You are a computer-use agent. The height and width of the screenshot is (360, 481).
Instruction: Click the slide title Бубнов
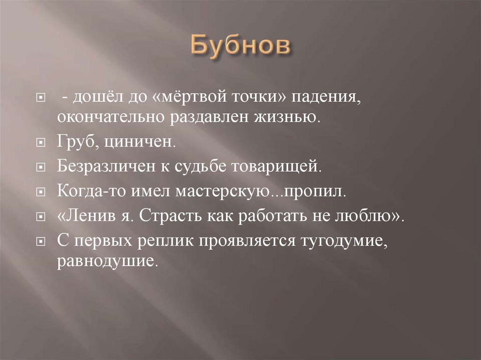click(x=240, y=48)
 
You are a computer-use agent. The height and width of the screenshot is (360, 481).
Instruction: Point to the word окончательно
click(x=108, y=116)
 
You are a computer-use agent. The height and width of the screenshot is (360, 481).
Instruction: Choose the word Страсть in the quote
click(x=174, y=216)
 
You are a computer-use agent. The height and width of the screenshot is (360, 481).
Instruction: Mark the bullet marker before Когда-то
click(x=41, y=192)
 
